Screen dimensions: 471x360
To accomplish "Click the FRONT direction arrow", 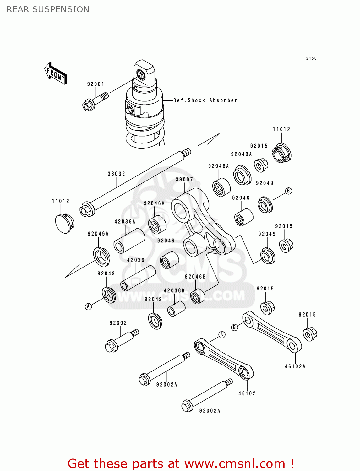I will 56,73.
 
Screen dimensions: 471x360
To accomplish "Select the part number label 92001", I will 95,84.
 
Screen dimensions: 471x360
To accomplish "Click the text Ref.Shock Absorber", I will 205,100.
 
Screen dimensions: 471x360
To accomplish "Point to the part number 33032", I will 116,174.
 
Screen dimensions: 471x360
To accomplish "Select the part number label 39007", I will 184,180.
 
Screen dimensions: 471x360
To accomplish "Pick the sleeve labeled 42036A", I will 129,241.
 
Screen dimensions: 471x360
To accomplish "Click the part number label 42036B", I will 174,291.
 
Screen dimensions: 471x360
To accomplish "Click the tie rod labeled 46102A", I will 272,332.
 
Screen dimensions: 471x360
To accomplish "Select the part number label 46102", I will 247,393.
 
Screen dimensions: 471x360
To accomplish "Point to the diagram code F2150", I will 310,58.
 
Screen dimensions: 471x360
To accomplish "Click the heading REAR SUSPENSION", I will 48,9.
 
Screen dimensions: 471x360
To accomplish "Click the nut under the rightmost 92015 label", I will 310,333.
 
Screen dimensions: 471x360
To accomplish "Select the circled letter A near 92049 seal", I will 89,306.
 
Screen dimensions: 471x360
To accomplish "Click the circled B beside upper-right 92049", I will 288,191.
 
